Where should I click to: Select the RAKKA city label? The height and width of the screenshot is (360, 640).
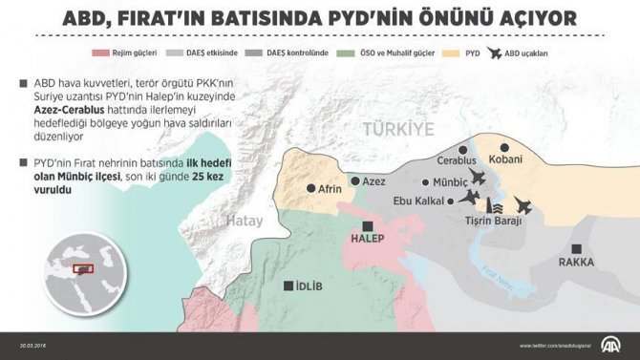point(576,262)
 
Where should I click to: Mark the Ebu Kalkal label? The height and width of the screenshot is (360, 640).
point(424,201)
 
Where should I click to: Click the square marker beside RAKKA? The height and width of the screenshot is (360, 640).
point(576,248)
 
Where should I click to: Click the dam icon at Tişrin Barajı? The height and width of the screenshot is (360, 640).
point(494,205)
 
